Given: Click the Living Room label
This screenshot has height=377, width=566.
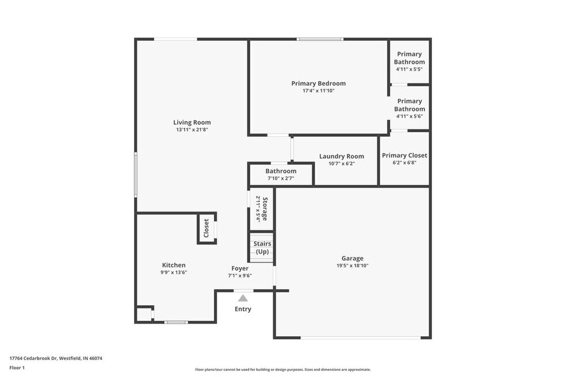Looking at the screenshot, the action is (192, 122).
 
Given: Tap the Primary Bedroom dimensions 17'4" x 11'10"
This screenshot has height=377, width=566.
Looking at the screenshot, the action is (319, 91).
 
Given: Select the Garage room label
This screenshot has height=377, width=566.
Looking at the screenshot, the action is (352, 258).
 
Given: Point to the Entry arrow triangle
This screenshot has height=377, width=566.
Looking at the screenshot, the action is (243, 298).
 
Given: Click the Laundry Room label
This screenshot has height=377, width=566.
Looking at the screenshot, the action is (342, 156).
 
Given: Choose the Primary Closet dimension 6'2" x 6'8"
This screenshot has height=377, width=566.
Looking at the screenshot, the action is (404, 163).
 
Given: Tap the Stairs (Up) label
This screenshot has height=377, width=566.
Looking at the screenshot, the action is (262, 248).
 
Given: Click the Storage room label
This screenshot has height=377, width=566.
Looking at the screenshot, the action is (265, 209).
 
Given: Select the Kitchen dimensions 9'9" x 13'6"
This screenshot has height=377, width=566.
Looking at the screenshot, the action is (174, 273).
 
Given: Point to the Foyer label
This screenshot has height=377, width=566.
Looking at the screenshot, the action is (240, 268).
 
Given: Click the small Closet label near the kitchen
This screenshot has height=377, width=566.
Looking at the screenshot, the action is (206, 228).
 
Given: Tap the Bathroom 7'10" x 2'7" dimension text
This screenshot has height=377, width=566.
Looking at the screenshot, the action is (281, 178).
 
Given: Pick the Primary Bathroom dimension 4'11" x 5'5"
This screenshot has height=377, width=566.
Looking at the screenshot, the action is (409, 70).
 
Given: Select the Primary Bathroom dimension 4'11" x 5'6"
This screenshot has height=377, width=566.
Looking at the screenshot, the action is (410, 117).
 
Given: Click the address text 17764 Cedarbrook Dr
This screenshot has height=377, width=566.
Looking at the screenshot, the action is (33, 358).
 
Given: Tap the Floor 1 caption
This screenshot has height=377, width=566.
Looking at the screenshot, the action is (17, 368).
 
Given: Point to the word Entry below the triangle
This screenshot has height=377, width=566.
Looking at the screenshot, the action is (243, 309).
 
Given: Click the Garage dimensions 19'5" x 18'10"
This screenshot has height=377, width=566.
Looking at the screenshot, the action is (352, 266).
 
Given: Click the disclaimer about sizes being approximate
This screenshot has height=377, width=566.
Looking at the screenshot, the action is (282, 370).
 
